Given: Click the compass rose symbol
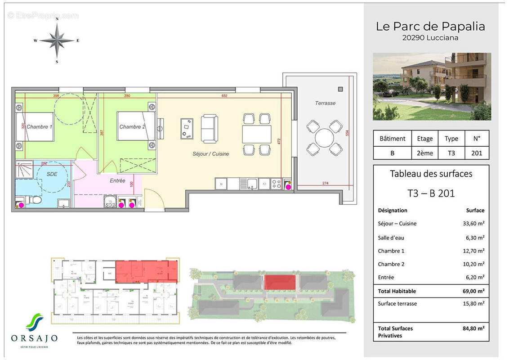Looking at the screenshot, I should coord(57,40).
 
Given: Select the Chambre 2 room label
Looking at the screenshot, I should coord(132,127).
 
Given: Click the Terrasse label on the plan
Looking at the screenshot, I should coord(325,103).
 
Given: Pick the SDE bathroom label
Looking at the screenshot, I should coord(52,174).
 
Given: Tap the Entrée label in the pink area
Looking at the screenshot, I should coord(117,180).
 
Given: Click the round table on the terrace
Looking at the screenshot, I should coord(323,138).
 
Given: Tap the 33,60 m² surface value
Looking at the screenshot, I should coord(475,224).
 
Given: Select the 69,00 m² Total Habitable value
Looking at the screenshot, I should coord(475,292).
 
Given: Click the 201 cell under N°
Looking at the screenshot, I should coord(476,153).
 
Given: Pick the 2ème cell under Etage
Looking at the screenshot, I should coord(424,153).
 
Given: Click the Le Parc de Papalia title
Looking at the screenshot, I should coord(430,27).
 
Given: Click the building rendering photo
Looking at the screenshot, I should coord(432,86).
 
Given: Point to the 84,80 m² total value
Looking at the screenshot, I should coord(475,328).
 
